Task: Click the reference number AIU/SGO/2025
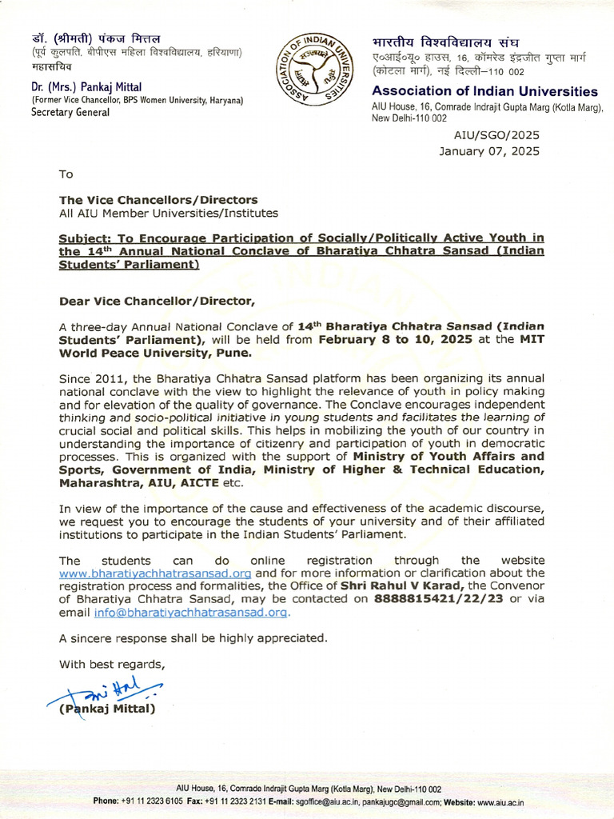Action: (x=496, y=137)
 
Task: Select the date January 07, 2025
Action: (x=489, y=151)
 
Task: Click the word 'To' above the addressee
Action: (x=66, y=174)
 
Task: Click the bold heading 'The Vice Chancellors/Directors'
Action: (x=158, y=200)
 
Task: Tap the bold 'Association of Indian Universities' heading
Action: (x=484, y=91)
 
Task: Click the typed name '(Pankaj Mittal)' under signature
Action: (x=107, y=709)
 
